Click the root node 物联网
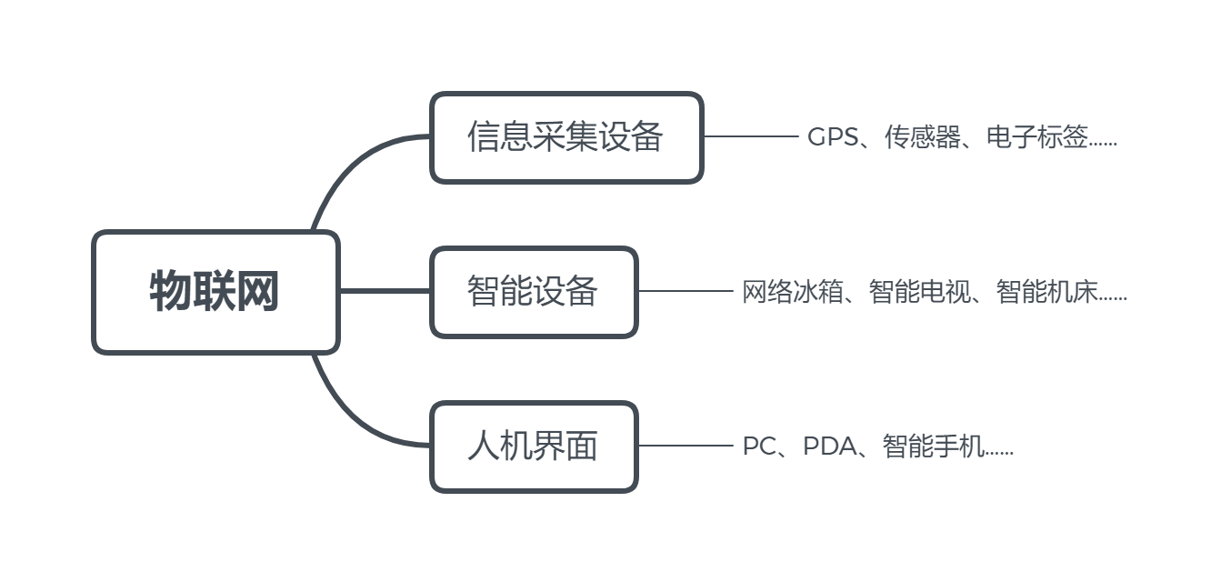click(x=215, y=292)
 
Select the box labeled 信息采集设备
click(x=565, y=137)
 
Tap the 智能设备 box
click(x=533, y=292)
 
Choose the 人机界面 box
click(x=533, y=447)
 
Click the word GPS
click(x=831, y=137)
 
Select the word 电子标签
click(x=1036, y=137)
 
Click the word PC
click(x=758, y=447)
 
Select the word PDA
click(x=829, y=447)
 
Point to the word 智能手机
click(x=933, y=447)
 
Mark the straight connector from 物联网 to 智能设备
click(x=385, y=291)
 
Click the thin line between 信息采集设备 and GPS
click(x=750, y=136)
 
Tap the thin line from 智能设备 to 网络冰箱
click(x=685, y=291)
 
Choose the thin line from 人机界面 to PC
click(x=685, y=446)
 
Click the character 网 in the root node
click(x=257, y=292)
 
